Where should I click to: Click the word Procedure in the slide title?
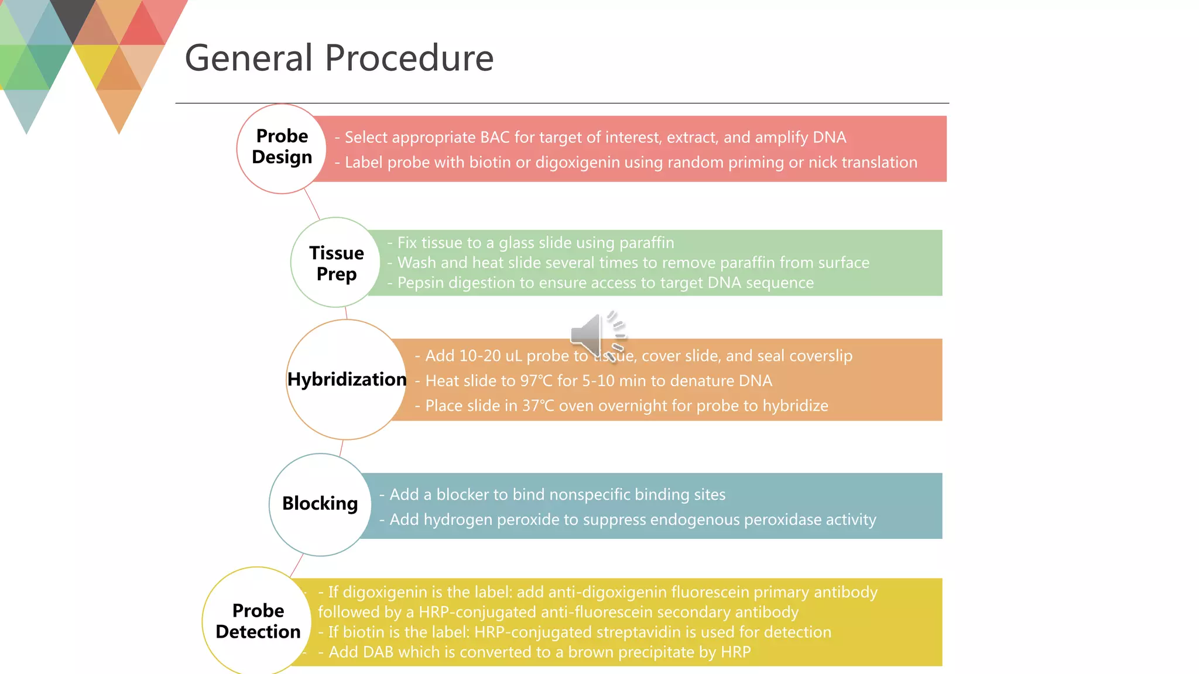tap(409, 59)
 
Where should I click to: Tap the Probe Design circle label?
tap(282, 147)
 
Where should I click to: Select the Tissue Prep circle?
tap(336, 263)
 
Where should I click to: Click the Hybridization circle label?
tap(347, 379)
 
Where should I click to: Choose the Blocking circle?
tap(320, 504)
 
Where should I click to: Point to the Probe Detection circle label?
tap(258, 621)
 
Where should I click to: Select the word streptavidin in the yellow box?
tap(636, 632)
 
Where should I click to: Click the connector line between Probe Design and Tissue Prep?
tap(312, 205)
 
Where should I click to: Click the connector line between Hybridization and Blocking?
tap(341, 448)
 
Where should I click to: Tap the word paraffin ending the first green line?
tap(646, 243)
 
